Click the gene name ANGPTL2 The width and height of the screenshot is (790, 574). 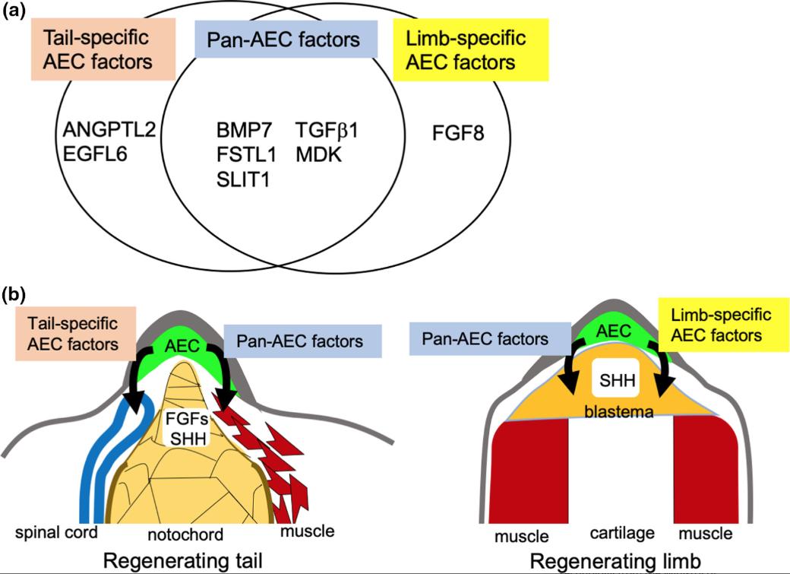tap(109, 130)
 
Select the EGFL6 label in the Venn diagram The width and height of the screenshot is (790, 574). tap(95, 154)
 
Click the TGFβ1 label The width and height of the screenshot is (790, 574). tap(327, 130)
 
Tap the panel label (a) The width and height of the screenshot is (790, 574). tap(17, 14)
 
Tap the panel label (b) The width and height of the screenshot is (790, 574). tap(17, 291)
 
